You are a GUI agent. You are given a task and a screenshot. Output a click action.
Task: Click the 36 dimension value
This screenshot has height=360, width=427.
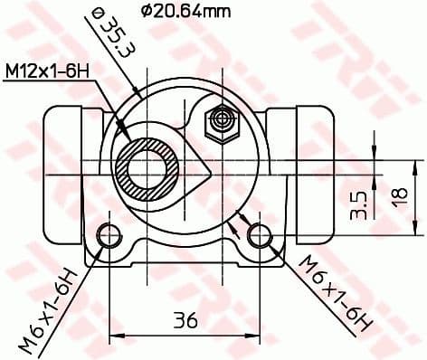click(x=185, y=319)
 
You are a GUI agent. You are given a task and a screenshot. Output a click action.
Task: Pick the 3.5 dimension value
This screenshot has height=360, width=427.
click(x=359, y=205)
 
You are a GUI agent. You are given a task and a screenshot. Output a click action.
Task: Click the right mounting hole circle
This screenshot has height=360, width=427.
click(x=261, y=235)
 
